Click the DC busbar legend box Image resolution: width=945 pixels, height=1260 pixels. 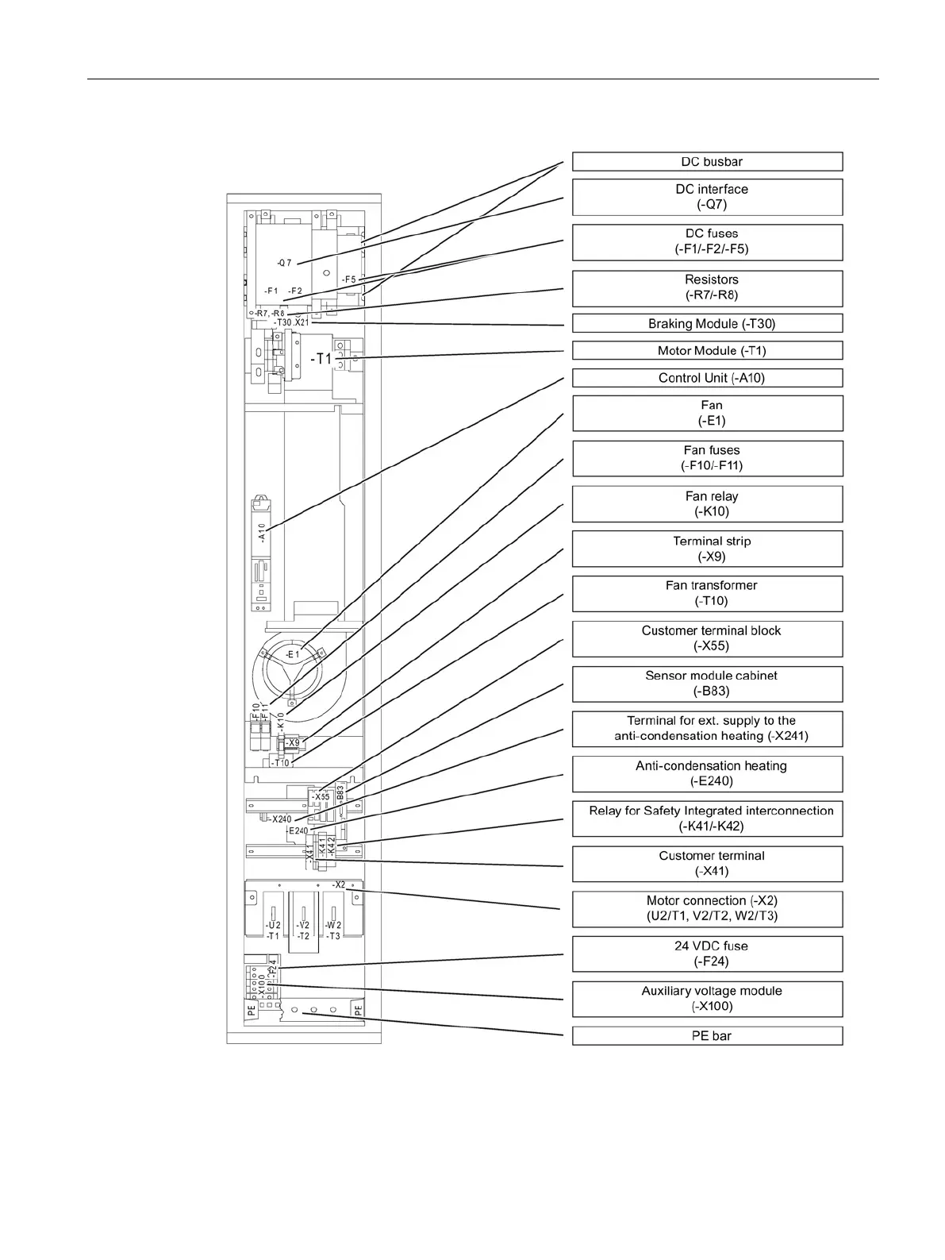pos(707,162)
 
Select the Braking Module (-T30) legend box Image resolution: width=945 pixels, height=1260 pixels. pos(707,324)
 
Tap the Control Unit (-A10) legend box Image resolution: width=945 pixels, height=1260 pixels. pos(707,378)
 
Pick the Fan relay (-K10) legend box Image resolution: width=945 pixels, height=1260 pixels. pos(707,503)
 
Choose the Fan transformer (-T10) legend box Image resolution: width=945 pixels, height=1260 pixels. pos(707,593)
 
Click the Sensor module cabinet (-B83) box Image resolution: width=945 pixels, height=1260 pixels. pos(707,684)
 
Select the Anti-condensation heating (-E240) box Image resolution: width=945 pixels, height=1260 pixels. pos(707,773)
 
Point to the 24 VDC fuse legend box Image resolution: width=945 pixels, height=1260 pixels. pos(707,954)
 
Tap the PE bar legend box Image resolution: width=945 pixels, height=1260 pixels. pos(707,1036)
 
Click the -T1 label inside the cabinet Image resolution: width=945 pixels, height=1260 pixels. pos(321,359)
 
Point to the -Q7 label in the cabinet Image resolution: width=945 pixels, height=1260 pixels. pos(284,263)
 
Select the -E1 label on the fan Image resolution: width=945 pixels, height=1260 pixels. pos(292,654)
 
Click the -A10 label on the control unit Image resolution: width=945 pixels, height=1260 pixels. pos(261,532)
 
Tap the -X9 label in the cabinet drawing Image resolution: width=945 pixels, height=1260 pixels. pos(293,743)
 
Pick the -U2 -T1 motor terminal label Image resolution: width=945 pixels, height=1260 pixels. pos(272,931)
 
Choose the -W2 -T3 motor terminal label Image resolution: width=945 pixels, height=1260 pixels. pos(334,931)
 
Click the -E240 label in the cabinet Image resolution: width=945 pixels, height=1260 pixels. pos(298,831)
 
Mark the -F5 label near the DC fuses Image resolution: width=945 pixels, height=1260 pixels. pos(348,279)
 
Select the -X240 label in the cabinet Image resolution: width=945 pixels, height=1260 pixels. pos(281,819)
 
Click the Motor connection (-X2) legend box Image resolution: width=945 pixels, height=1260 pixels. pos(707,908)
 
